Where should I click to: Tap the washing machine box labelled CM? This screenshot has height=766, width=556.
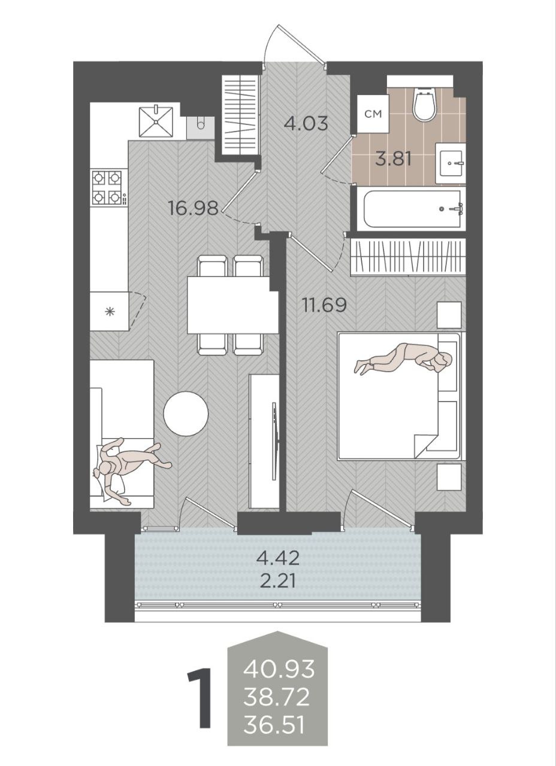[x=373, y=114]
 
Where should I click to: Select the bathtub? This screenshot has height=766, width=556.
[x=411, y=209]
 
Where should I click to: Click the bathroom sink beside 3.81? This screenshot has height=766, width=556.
[x=451, y=163]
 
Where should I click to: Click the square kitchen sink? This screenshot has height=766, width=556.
[x=156, y=121]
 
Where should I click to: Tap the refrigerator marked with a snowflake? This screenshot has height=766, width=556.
[x=110, y=311]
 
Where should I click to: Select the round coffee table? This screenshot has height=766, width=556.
[x=186, y=414]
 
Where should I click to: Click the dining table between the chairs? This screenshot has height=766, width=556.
[x=232, y=305]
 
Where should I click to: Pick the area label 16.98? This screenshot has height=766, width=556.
[x=194, y=208]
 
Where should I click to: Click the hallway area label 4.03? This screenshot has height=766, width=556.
[x=306, y=123]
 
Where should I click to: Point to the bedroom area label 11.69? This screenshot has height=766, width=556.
[x=324, y=305]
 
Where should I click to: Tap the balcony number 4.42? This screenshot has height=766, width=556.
[x=278, y=558]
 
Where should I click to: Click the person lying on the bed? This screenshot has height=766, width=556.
[x=404, y=359]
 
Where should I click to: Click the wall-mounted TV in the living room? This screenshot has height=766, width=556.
[x=274, y=442]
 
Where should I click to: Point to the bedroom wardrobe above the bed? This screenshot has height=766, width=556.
[x=408, y=257]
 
